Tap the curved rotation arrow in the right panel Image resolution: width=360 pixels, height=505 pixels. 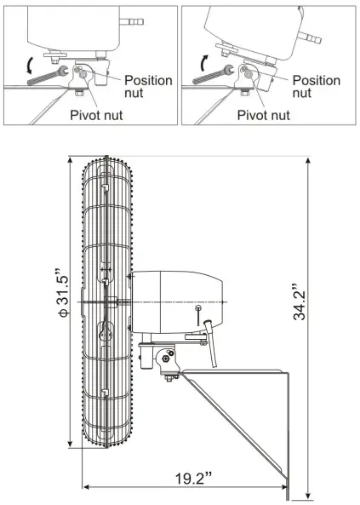coord(203,62)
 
